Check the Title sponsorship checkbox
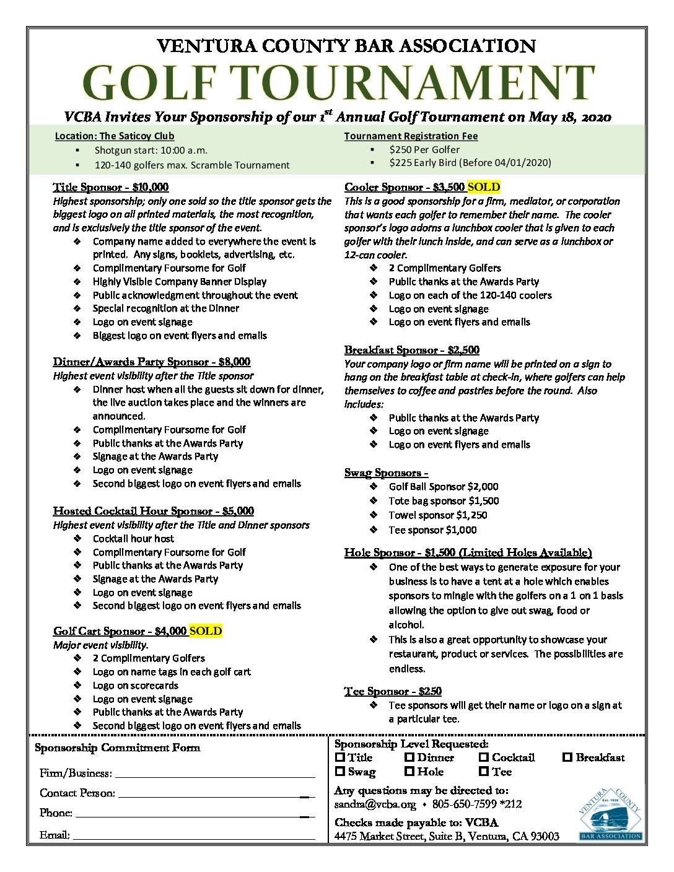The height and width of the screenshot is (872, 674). (340, 757)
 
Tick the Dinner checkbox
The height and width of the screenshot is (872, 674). (409, 757)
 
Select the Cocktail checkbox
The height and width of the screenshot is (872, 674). (484, 757)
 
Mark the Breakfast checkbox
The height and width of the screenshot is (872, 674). (567, 757)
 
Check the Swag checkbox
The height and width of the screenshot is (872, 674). (340, 772)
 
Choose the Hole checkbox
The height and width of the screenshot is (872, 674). (409, 772)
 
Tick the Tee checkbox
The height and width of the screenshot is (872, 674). (484, 772)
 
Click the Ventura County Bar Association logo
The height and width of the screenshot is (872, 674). (610, 814)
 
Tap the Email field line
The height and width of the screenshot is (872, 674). (194, 838)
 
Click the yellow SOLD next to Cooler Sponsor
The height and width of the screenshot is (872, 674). (484, 187)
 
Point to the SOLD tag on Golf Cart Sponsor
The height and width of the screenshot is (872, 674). (206, 631)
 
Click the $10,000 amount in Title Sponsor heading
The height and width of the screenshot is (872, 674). (151, 187)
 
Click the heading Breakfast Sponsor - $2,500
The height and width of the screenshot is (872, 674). (412, 350)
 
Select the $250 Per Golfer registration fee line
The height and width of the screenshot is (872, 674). (424, 150)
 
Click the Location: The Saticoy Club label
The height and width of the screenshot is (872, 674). (115, 136)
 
